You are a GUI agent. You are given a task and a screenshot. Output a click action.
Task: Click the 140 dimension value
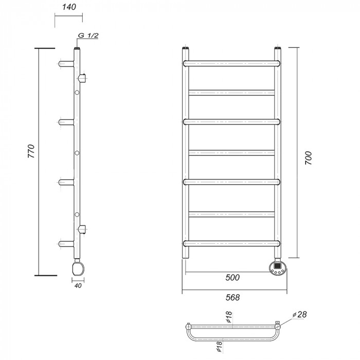click(x=69, y=7)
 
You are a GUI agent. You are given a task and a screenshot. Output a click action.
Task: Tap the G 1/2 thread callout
click(x=88, y=35)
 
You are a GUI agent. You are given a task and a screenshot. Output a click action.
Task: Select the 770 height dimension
click(x=31, y=151)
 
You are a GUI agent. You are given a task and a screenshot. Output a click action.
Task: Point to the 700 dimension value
click(x=309, y=158)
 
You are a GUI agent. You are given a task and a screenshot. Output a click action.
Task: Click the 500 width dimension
click(x=232, y=278)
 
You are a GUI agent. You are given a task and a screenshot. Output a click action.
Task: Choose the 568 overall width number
click(x=232, y=298)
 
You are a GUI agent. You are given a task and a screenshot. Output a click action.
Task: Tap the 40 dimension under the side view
click(x=78, y=285)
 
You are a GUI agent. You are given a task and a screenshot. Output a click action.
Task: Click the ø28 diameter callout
click(x=300, y=315)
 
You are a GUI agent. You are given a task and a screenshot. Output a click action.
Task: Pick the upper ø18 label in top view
click(x=229, y=317)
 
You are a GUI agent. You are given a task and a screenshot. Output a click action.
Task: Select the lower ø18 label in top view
click(x=219, y=347)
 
